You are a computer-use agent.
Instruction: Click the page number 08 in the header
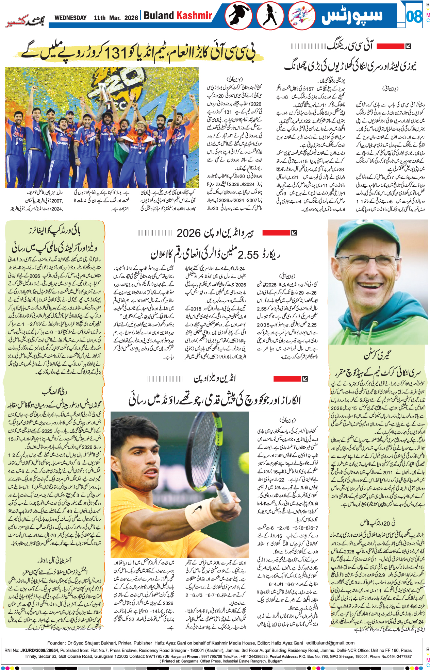(414, 16)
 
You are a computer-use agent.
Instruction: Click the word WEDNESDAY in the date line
(70, 18)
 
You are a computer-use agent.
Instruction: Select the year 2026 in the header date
(131, 18)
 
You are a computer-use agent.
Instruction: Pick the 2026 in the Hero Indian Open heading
(188, 233)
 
